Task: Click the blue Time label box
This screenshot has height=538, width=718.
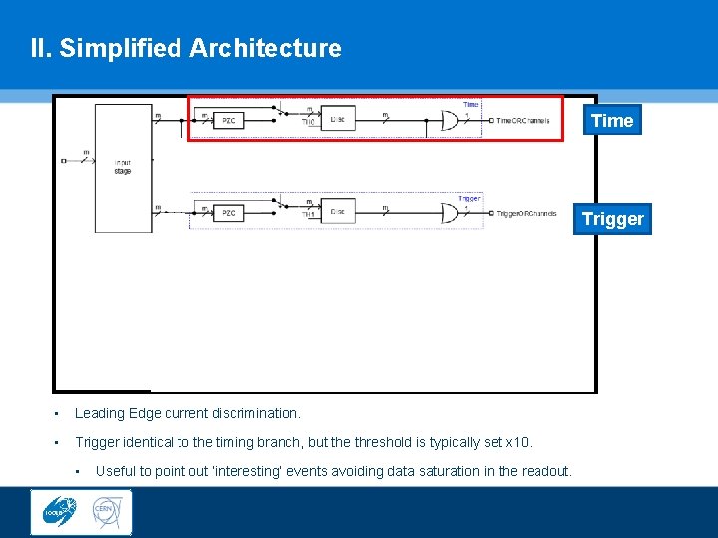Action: [x=612, y=121]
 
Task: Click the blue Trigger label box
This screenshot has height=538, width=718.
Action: [x=612, y=219]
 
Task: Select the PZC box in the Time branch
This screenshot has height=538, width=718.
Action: [x=229, y=121]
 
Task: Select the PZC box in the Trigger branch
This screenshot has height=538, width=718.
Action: [x=229, y=213]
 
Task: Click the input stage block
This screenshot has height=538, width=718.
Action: [x=122, y=167]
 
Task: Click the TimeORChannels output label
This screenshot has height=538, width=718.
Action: [x=523, y=122]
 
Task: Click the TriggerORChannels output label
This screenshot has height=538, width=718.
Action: [x=527, y=213]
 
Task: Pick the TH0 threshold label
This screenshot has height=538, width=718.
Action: [x=309, y=123]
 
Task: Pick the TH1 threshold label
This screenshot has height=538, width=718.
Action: [x=309, y=215]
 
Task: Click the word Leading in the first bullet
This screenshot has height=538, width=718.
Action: [x=98, y=413]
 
